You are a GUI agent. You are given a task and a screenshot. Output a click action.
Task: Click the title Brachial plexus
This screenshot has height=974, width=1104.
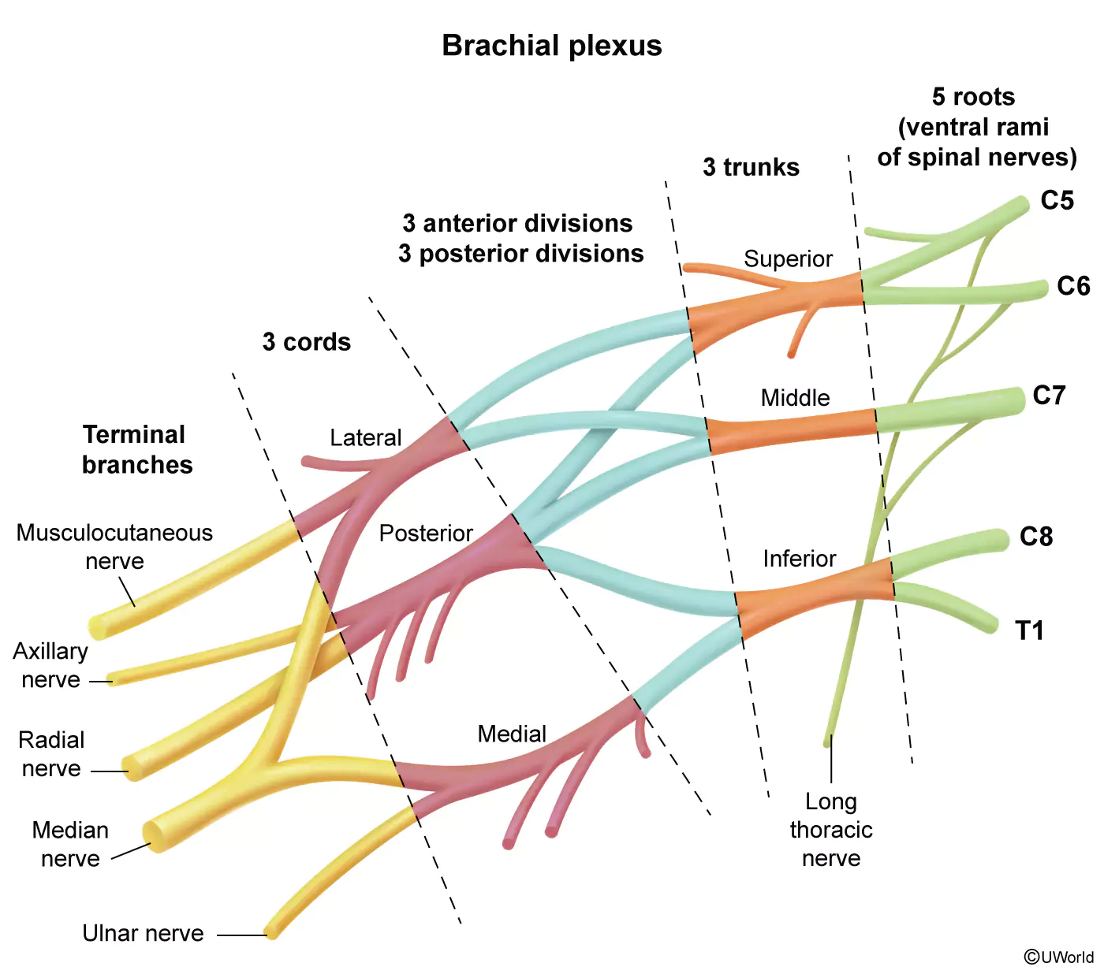coord(551,46)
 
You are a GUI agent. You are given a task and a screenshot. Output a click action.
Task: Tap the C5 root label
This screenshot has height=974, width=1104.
coord(1057,200)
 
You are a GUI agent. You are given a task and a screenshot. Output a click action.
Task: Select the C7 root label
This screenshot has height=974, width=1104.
coord(1049,396)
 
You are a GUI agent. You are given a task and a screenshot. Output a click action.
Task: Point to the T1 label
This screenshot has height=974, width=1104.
coord(1029,630)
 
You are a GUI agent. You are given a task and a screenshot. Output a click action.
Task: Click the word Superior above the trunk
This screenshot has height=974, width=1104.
coord(788,258)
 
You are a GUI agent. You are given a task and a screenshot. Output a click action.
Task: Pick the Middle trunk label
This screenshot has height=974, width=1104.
coord(795,398)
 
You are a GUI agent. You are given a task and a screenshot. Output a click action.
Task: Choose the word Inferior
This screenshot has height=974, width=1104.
coord(800,559)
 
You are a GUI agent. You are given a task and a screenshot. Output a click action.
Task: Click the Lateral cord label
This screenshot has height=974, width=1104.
coord(366,437)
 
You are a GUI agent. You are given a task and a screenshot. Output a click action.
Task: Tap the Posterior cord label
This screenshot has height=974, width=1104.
coord(426,533)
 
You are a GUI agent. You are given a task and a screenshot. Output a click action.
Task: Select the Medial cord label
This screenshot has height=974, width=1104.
coord(512,734)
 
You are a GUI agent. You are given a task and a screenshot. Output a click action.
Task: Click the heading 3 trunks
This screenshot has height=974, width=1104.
coord(751,167)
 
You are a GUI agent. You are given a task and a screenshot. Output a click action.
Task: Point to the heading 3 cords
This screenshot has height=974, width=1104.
coord(306,342)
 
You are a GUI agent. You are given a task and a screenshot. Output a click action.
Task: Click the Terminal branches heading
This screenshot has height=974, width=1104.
coord(137,450)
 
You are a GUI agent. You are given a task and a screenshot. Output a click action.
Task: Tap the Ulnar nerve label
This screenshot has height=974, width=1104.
coord(143,933)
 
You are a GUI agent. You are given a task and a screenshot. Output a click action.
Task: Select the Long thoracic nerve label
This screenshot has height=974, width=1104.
coord(831,830)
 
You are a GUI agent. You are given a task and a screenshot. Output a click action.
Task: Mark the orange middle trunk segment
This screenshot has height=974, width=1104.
coord(792,431)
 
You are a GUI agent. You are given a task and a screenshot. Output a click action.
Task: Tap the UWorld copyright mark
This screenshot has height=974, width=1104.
coord(1059,957)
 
